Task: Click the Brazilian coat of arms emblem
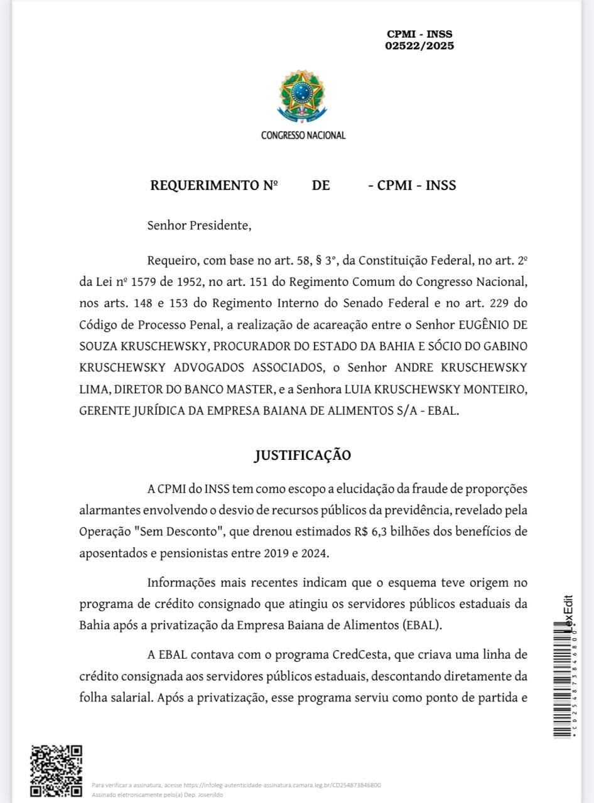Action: [x=302, y=97]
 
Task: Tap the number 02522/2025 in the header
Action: [x=419, y=46]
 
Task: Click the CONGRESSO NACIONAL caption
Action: [x=303, y=135]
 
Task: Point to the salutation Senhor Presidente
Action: [x=199, y=225]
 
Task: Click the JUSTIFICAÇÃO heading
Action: [x=303, y=455]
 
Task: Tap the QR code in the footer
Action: [x=57, y=771]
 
